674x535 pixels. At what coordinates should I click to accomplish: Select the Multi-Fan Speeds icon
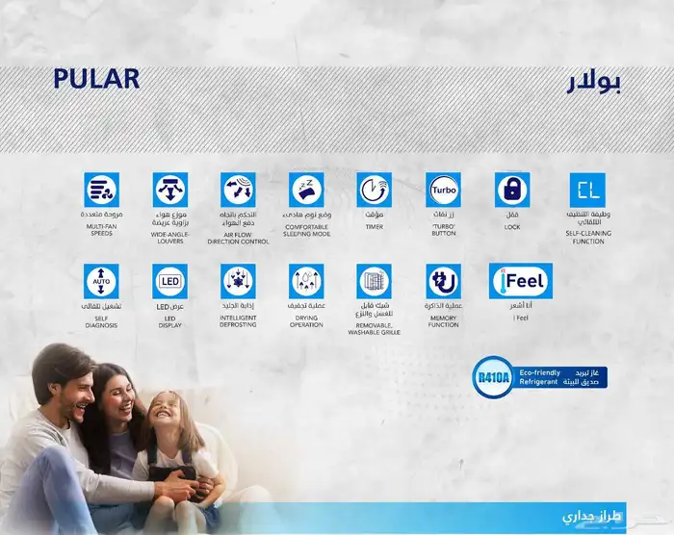tap(100, 190)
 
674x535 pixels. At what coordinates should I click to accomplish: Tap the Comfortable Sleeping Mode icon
tap(307, 190)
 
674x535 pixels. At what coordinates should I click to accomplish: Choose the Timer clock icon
tap(374, 190)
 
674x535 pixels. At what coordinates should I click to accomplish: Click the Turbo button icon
tap(443, 190)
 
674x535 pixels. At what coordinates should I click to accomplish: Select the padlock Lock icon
tap(512, 190)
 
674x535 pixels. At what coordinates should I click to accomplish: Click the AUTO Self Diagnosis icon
tap(100, 281)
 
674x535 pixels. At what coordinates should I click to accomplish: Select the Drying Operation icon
tap(307, 281)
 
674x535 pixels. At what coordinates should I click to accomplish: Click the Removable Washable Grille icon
tap(374, 281)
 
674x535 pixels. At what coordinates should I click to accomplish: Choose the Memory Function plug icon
tap(443, 281)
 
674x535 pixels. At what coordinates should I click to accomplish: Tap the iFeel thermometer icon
tap(521, 281)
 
